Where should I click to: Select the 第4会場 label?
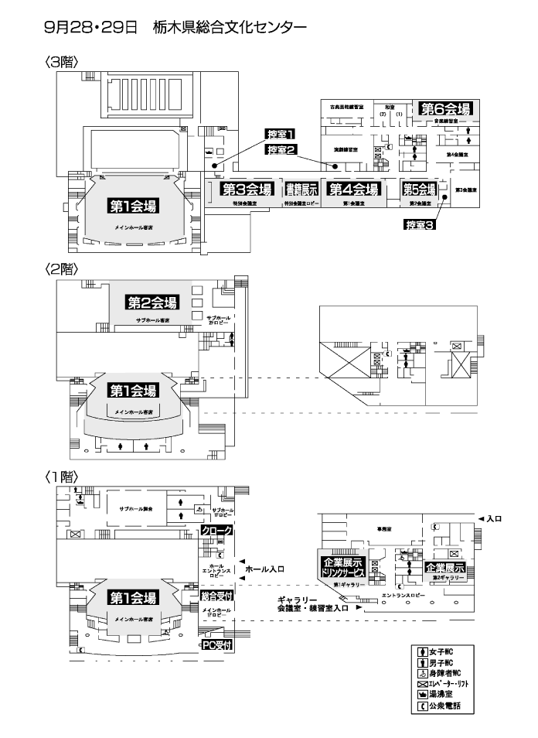[353, 190]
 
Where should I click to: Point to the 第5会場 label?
[419, 190]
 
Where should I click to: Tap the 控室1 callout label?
[281, 134]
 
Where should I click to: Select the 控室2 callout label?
[281, 149]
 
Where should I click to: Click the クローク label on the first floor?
[216, 531]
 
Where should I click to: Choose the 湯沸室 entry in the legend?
[442, 695]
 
